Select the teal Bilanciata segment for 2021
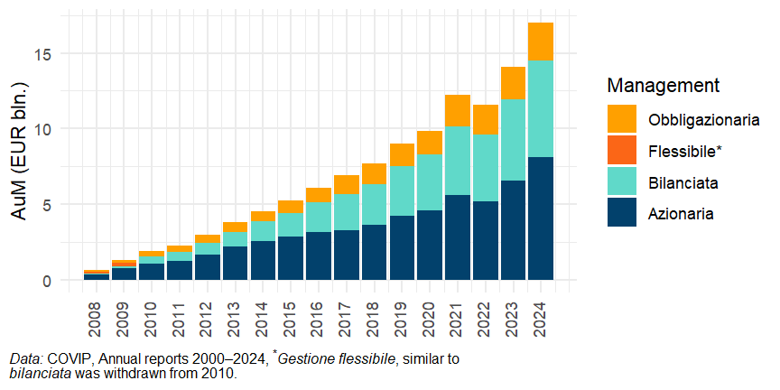[x=457, y=161]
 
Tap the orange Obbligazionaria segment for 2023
[x=512, y=83]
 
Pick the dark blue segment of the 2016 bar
[x=318, y=255]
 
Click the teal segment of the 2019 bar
[x=401, y=191]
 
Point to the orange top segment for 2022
[x=485, y=120]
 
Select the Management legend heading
[x=663, y=86]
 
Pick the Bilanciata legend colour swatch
[x=623, y=182]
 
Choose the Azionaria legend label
[x=682, y=214]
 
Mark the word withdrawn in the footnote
[x=115, y=373]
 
